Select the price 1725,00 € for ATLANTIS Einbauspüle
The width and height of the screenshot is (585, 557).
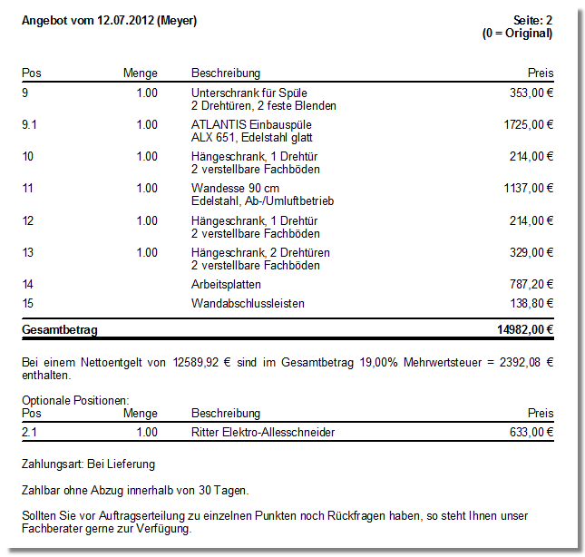529,124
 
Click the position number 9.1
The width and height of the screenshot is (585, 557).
29,124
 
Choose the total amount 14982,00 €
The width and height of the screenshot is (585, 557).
522,330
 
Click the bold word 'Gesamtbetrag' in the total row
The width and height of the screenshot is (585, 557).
60,330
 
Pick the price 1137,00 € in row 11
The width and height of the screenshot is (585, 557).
529,188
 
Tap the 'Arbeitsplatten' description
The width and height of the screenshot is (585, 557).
226,284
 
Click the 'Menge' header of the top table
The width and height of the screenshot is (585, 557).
141,73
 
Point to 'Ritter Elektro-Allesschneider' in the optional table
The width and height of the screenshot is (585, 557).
263,432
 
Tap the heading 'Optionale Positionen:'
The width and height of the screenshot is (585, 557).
76,400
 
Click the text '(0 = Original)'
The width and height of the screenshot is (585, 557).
518,34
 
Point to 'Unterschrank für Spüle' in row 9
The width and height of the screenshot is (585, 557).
249,93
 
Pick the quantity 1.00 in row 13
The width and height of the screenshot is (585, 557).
147,252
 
